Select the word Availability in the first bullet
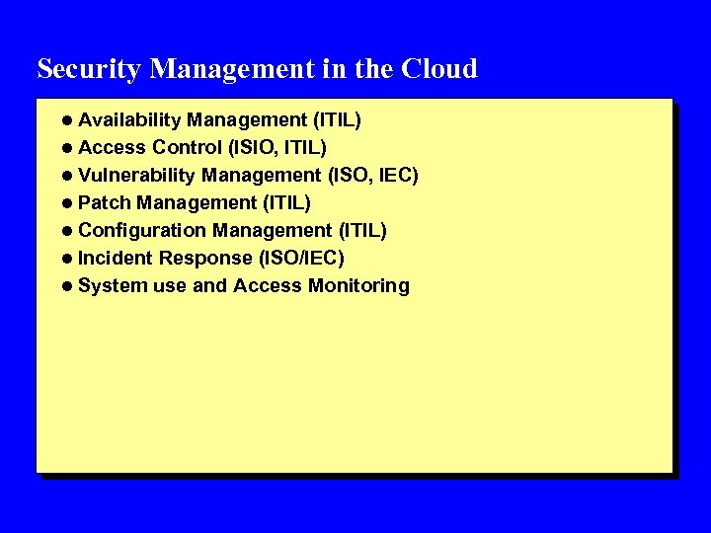tap(129, 120)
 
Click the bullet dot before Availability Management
tap(66, 120)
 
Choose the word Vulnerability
tap(136, 176)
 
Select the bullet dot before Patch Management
tap(66, 203)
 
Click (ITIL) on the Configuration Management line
tap(362, 231)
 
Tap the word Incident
tap(116, 259)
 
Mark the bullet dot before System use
tap(66, 286)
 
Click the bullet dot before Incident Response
tap(66, 259)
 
